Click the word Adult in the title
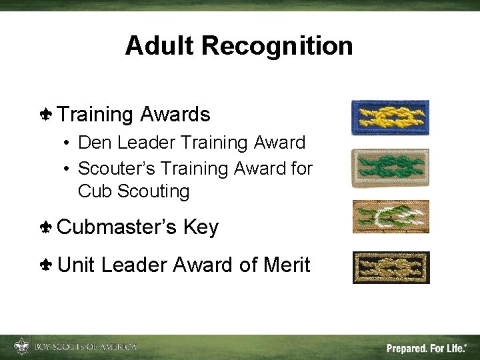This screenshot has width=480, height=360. (x=160, y=46)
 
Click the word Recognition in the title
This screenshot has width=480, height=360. (x=277, y=46)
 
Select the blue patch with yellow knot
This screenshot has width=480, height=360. (x=391, y=117)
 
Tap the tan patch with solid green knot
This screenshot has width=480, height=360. (x=391, y=168)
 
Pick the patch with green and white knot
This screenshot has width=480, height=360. (x=391, y=217)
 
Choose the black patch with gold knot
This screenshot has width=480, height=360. (x=391, y=267)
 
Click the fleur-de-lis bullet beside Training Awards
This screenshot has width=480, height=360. (x=46, y=115)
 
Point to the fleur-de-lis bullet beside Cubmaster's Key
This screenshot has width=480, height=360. (x=46, y=228)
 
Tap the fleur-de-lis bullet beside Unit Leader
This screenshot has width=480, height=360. (x=46, y=265)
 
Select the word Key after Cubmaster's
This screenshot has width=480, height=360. (x=201, y=227)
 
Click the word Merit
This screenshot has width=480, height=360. (x=287, y=265)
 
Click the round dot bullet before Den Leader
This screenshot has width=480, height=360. (x=69, y=143)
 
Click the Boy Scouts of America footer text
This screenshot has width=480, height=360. (x=85, y=347)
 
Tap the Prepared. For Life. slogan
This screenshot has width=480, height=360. (x=427, y=347)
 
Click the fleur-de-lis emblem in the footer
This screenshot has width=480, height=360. (x=21, y=347)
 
